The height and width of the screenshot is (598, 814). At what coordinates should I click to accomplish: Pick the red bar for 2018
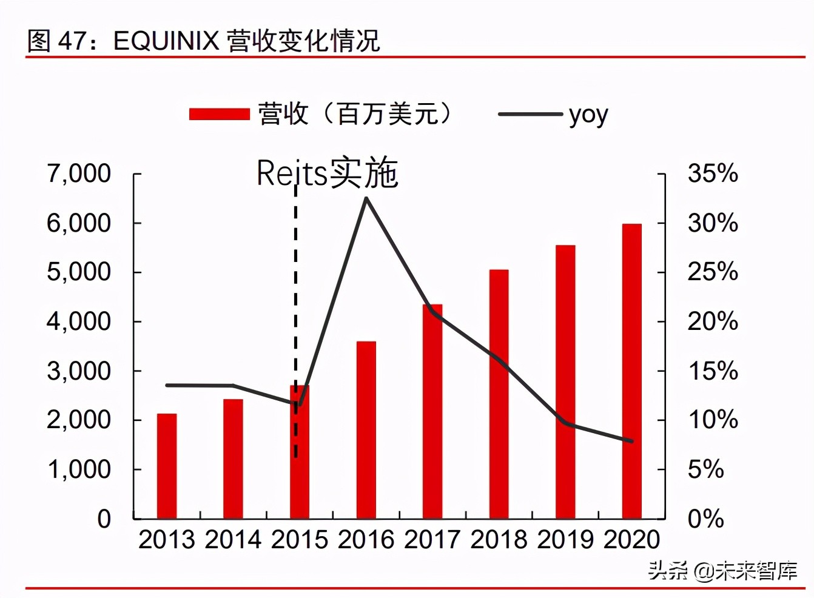point(499,394)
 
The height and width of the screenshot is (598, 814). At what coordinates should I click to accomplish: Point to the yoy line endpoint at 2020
point(631,441)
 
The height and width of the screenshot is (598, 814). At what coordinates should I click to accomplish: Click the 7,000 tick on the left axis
point(79,173)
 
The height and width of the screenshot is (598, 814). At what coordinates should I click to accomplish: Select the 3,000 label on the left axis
point(79,371)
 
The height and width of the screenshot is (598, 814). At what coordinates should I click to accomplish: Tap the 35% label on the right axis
point(713,173)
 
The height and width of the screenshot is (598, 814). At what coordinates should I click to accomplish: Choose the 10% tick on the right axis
point(713,420)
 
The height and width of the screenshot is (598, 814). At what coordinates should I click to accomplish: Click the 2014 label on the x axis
point(233,539)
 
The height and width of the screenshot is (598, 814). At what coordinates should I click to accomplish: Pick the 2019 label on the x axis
point(565,539)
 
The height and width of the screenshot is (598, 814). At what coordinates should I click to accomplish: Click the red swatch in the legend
point(219,114)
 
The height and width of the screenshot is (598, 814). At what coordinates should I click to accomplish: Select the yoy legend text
point(588,114)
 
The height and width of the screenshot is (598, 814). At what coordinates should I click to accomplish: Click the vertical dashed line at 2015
point(295,273)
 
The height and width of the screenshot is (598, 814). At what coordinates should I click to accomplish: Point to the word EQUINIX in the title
point(166,41)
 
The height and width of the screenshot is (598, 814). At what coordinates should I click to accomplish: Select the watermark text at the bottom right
point(722,570)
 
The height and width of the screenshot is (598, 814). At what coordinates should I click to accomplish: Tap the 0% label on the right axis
point(705,519)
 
